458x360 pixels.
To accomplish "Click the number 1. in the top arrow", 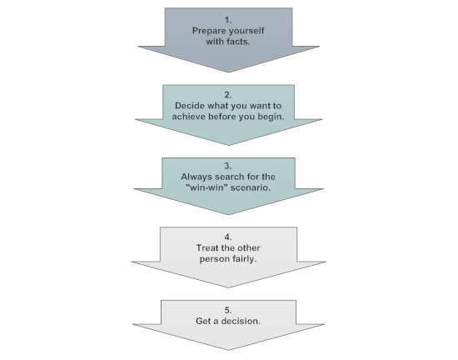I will (228, 18).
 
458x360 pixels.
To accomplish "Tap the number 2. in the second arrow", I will (228, 94).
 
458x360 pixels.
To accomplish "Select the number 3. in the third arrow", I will (228, 165).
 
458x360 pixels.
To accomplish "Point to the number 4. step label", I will (228, 237).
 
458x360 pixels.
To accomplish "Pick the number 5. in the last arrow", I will (228, 308).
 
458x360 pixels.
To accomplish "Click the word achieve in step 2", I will (192, 117).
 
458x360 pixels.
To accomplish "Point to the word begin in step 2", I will (269, 117).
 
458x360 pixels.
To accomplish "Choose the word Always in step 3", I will (197, 177).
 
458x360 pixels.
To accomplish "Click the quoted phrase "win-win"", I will (202, 188).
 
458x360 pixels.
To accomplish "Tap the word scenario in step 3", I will (251, 188).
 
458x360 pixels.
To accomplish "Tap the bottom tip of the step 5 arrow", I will (228, 350).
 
